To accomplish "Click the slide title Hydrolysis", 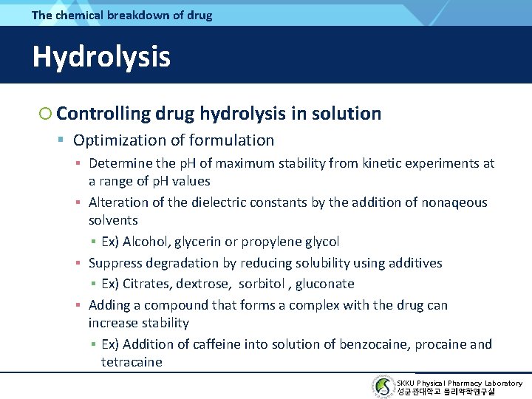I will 101,57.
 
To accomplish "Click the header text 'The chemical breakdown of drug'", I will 122,15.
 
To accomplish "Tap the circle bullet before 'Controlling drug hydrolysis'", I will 46,114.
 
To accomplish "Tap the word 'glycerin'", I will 199,242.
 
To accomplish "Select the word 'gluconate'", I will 325,284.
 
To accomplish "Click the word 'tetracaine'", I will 132,362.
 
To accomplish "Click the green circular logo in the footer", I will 383,386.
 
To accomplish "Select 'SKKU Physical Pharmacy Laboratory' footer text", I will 459,383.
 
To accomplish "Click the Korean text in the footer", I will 446,392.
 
